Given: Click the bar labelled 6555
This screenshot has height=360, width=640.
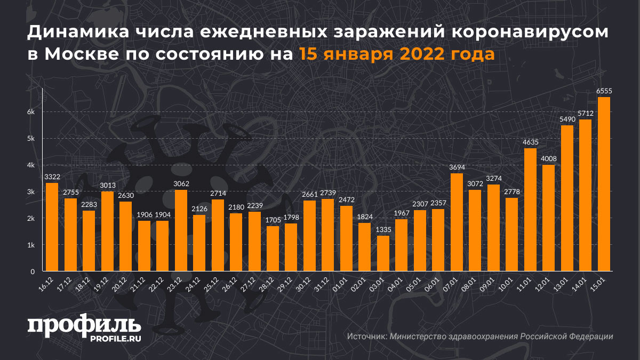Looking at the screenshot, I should pyautogui.click(x=604, y=184).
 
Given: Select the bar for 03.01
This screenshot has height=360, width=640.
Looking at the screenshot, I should pyautogui.click(x=383, y=253).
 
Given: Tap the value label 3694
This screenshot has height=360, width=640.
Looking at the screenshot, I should pyautogui.click(x=457, y=167).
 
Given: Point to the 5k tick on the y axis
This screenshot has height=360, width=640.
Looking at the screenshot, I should pyautogui.click(x=31, y=139).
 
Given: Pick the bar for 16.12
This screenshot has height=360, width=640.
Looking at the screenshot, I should pyautogui.click(x=52, y=227).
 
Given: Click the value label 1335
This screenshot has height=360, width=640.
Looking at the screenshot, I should pyautogui.click(x=383, y=230).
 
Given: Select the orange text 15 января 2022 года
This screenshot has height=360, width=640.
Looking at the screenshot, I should pyautogui.click(x=396, y=54).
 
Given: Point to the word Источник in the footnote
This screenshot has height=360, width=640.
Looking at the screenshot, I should pyautogui.click(x=366, y=337).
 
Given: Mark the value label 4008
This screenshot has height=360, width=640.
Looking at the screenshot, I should pyautogui.click(x=548, y=159).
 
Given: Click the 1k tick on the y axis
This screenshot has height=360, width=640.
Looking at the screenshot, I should pyautogui.click(x=31, y=245).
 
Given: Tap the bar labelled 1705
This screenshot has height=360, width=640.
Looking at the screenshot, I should pyautogui.click(x=273, y=249).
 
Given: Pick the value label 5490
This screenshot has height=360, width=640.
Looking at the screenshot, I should pyautogui.click(x=567, y=119).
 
